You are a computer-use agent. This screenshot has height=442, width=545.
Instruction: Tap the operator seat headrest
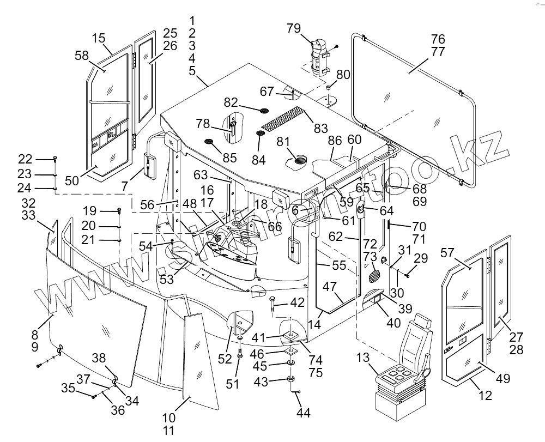423,321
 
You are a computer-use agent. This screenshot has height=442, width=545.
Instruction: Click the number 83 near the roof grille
321,129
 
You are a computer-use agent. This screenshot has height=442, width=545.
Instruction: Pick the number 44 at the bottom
304,413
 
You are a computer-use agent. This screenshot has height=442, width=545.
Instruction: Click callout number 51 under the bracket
233,384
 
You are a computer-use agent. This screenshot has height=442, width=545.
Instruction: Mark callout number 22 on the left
26,159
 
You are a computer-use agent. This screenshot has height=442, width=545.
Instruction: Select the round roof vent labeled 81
299,160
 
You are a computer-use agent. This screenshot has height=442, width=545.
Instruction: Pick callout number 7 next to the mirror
126,186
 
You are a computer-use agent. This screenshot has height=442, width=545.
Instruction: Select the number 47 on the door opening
330,287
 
